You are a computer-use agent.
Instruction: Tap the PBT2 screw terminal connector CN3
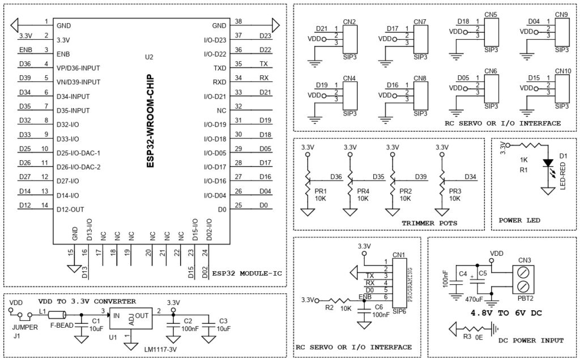point(524,278)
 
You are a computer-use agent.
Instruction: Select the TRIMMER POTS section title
point(429,223)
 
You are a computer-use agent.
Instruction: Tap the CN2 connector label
point(349,23)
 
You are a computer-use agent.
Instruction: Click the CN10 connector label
point(562,71)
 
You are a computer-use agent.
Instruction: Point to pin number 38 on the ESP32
point(238,22)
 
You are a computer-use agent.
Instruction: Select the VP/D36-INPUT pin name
point(78,68)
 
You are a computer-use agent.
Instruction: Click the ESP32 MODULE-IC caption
point(247,274)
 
